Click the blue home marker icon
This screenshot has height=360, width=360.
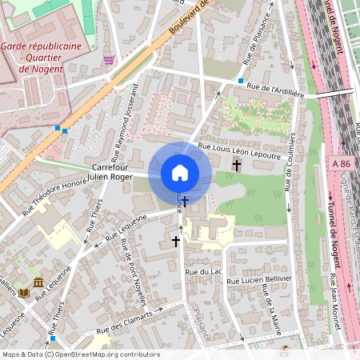(180, 173)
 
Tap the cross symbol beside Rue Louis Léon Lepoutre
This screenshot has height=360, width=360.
(236, 166)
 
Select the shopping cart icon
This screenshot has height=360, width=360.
(108, 59)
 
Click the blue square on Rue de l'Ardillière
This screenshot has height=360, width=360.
(240, 81)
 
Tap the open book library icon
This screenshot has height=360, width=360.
(23, 293)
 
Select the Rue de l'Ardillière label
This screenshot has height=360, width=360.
(278, 87)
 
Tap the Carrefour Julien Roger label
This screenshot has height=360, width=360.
(109, 172)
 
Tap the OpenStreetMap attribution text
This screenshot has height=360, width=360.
(81, 354)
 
